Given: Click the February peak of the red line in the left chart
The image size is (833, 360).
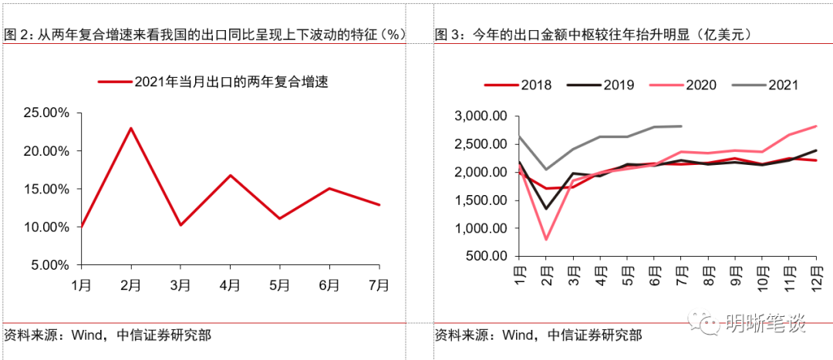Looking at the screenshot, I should coord(131,128).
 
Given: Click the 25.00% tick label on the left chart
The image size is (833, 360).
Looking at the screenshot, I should coord(46,113).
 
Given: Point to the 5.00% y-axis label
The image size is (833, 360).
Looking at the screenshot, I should coord(49,265).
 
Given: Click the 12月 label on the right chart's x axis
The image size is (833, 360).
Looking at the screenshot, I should coord(817,275).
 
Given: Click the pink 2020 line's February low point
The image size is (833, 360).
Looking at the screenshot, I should coord(547,239).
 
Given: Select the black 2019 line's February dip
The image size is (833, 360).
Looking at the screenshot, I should coord(547,208).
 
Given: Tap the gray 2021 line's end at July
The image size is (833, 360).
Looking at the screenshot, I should coord(681,126).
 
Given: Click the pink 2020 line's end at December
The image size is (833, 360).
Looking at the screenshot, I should coord(817,126).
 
